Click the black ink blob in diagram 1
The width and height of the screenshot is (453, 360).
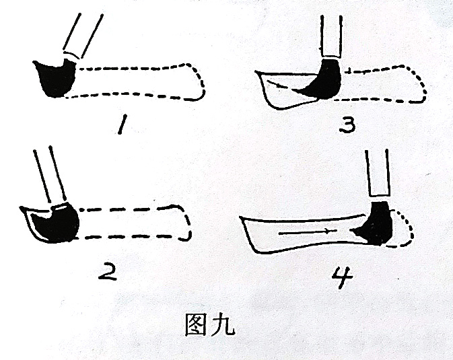click(x=55, y=77)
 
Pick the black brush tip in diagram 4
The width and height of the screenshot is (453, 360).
click(x=374, y=224)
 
